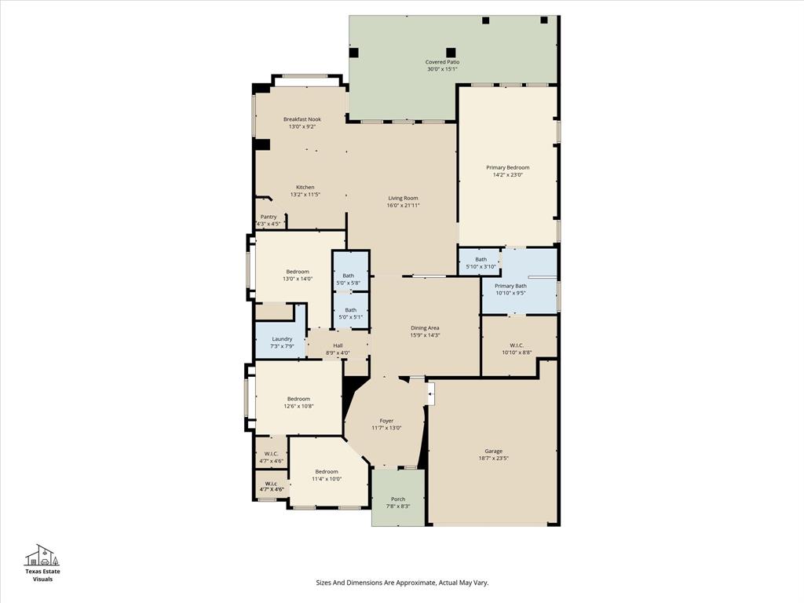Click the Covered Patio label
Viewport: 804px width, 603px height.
click(x=442, y=62)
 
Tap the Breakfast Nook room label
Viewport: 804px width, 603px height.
click(x=302, y=119)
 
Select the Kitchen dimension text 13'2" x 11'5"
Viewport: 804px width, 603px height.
click(x=305, y=195)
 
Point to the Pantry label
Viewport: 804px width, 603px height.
click(x=269, y=217)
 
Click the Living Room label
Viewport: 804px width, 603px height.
click(x=403, y=198)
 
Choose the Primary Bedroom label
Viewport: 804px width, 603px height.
click(x=507, y=167)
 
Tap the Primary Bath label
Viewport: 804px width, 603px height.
click(x=510, y=286)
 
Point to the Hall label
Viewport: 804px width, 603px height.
click(x=338, y=345)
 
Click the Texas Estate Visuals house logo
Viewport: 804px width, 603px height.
click(x=42, y=556)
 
